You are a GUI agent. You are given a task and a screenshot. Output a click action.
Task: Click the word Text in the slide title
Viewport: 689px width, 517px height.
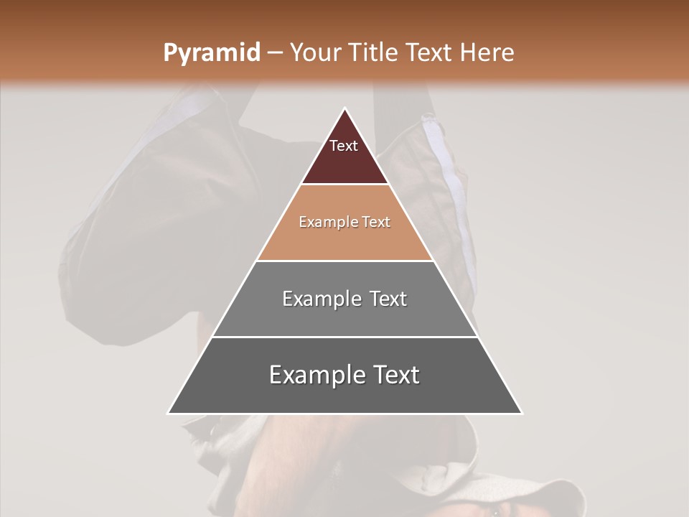click(x=429, y=53)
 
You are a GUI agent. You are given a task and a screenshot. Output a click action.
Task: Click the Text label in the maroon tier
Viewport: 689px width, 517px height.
click(x=344, y=146)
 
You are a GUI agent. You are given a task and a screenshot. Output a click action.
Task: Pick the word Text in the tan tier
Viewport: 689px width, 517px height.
click(x=376, y=222)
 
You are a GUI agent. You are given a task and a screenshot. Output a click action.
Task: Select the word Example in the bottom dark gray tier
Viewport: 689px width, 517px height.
click(x=314, y=375)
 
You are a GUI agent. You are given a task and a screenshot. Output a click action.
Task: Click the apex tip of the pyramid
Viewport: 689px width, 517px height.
click(x=344, y=109)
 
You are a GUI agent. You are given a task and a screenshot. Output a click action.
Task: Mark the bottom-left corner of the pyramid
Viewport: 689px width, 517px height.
click(x=169, y=413)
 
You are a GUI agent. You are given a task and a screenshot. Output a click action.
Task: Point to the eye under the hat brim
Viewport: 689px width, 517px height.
click(x=495, y=511)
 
